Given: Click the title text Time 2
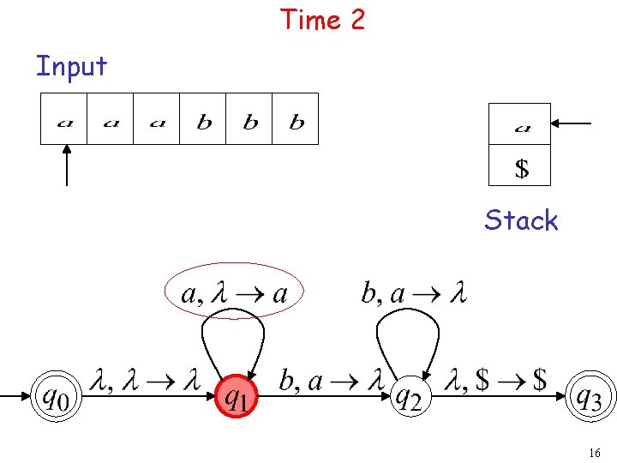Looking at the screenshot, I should (322, 19).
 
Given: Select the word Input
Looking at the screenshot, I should (71, 66).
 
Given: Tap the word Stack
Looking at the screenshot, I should (521, 220).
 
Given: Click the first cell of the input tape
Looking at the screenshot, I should (64, 118).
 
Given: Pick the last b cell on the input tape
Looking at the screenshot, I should (296, 118).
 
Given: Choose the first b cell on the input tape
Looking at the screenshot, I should (203, 118).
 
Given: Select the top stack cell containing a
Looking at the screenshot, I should (519, 124).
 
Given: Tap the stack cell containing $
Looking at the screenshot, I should (519, 165).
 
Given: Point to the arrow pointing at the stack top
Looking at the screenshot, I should (571, 124).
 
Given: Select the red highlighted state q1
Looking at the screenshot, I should (237, 397).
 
